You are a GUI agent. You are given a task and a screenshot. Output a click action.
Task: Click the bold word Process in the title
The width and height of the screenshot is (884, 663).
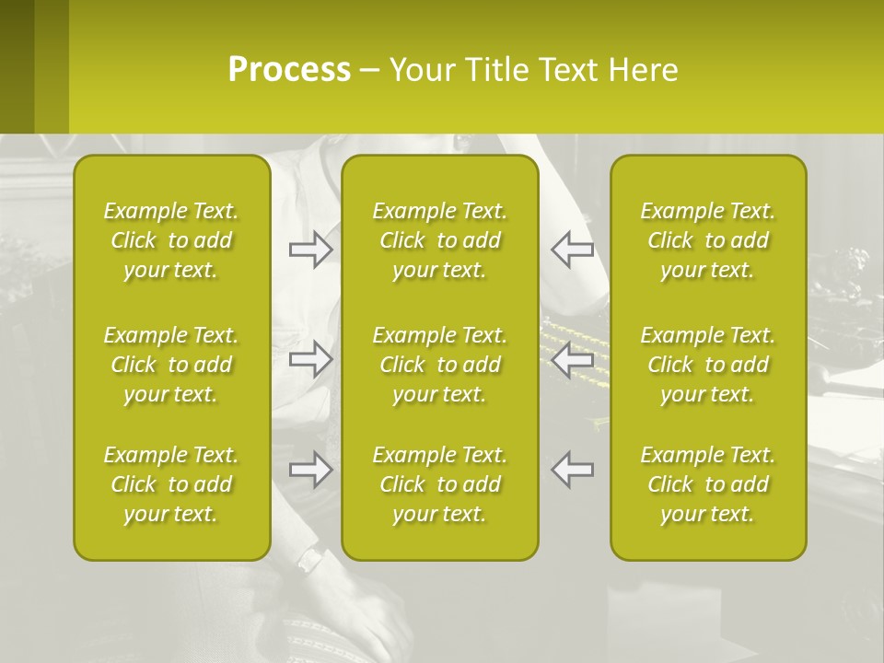coord(289,69)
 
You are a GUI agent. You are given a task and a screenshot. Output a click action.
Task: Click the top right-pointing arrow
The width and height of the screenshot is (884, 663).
coord(310,250)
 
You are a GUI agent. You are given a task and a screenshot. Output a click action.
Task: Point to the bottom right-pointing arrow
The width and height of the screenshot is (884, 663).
coord(310,470)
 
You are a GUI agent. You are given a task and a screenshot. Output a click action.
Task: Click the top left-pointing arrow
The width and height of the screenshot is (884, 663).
coord(572,250)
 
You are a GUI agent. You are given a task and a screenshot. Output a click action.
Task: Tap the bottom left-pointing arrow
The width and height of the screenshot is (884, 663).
coord(572,470)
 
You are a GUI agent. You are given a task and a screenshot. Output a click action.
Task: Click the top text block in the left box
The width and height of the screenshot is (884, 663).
coord(171,240)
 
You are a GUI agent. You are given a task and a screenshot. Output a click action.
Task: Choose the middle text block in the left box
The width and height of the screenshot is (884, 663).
coord(171,365)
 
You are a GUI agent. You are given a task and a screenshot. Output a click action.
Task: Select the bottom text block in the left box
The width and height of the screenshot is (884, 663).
coord(171,484)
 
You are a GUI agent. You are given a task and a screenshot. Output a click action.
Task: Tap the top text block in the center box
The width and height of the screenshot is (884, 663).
coord(439,240)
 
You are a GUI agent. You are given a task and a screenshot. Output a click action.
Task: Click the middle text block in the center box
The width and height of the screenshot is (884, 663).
coord(439,365)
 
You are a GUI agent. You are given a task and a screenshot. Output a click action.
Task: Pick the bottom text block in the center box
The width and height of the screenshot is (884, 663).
coord(439,484)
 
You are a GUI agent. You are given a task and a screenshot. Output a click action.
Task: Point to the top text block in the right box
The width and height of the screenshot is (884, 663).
coord(707,240)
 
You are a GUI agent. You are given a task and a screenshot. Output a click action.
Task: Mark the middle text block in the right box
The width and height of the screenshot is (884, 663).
coord(707,365)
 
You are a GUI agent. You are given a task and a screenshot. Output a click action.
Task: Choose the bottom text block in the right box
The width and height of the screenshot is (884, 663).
coord(707,484)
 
